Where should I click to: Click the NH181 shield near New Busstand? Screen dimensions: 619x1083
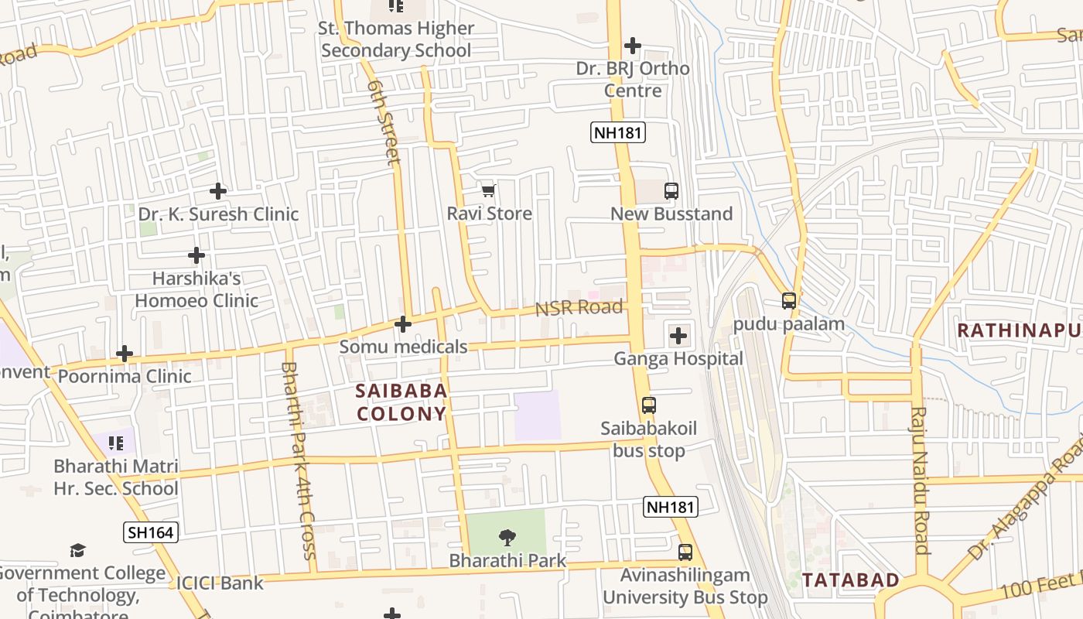pyautogui.click(x=618, y=132)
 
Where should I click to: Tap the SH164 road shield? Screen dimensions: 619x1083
pyautogui.click(x=150, y=532)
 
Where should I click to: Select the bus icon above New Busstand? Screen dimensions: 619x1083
pyautogui.click(x=671, y=191)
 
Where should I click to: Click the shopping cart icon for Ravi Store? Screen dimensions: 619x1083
pyautogui.click(x=488, y=190)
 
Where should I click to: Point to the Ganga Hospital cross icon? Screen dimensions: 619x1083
pyautogui.click(x=678, y=336)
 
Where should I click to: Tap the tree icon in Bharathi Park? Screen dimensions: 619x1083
pyautogui.click(x=507, y=536)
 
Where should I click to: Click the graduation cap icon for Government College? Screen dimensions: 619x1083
pyautogui.click(x=77, y=550)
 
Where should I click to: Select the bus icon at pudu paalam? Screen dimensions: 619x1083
pyautogui.click(x=789, y=301)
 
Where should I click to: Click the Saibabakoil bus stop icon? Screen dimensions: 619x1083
pyautogui.click(x=649, y=405)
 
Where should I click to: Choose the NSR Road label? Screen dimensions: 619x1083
pyautogui.click(x=579, y=308)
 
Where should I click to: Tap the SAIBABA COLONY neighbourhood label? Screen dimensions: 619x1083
pyautogui.click(x=401, y=402)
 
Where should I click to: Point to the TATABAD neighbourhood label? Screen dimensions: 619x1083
pyautogui.click(x=851, y=580)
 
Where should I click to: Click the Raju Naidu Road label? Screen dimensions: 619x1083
pyautogui.click(x=920, y=480)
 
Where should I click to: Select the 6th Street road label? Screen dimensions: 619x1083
pyautogui.click(x=384, y=121)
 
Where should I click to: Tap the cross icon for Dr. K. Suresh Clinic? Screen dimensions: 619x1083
pyautogui.click(x=218, y=190)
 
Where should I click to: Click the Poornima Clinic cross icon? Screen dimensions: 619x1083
pyautogui.click(x=125, y=354)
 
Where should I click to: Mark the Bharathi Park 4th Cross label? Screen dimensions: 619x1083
pyautogui.click(x=299, y=460)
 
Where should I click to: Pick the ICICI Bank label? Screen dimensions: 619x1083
pyautogui.click(x=220, y=583)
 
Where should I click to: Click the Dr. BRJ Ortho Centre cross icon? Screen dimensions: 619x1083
pyautogui.click(x=633, y=46)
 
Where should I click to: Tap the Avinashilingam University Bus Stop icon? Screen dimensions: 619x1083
pyautogui.click(x=685, y=552)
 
